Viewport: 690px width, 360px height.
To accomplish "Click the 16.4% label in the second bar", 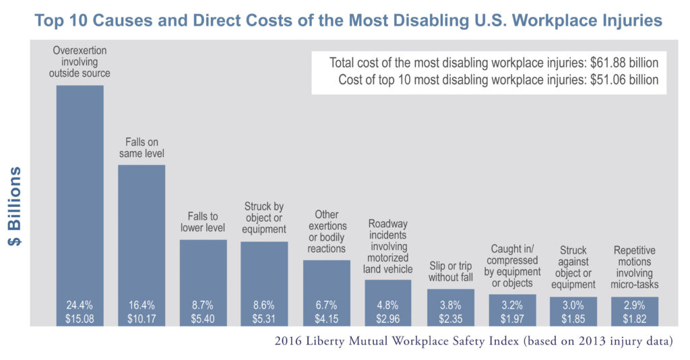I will [x=142, y=305].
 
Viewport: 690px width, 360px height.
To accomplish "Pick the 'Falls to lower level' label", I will [x=203, y=222].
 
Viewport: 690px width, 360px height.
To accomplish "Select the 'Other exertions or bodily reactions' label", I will [x=326, y=232].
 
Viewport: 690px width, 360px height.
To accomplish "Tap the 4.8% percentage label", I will [x=388, y=305].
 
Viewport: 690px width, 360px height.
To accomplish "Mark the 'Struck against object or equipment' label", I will [x=573, y=268].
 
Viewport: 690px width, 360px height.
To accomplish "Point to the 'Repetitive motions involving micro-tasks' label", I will [x=635, y=268].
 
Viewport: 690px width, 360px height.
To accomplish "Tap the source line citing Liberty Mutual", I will [x=474, y=341].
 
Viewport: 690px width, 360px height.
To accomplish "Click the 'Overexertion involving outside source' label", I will [x=80, y=61].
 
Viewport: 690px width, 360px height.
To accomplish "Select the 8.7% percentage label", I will [x=203, y=305].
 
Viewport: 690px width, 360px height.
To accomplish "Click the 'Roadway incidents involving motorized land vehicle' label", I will [x=388, y=246].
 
